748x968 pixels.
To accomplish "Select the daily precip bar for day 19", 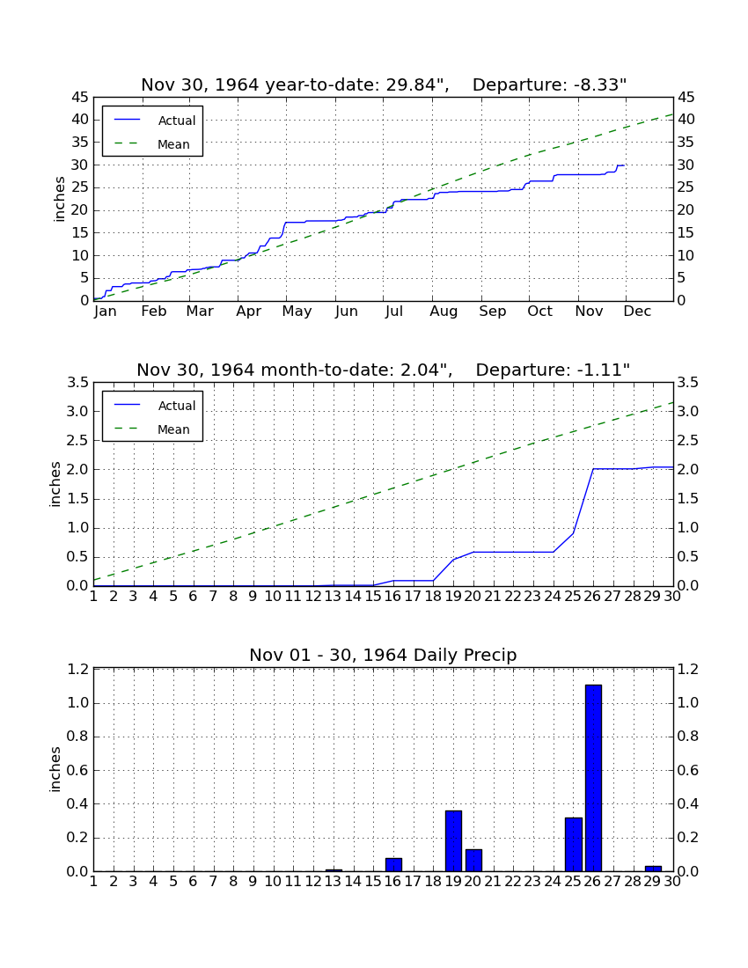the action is tap(453, 840).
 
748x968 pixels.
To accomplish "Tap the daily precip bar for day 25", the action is tap(574, 845).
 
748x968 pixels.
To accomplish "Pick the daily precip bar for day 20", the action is tap(473, 861).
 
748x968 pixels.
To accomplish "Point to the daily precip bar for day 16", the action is tap(393, 865).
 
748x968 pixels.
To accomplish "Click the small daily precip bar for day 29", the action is tap(653, 869).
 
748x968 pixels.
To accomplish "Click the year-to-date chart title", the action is tap(384, 84).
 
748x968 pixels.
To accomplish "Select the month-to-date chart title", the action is tap(384, 370).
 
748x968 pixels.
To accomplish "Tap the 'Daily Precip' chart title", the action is tap(384, 655).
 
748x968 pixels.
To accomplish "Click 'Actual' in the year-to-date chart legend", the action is tap(177, 121).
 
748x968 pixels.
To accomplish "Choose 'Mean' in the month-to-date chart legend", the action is tap(173, 429).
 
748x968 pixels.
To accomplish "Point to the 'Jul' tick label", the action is tap(394, 312).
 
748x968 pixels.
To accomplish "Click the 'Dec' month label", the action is tap(637, 312).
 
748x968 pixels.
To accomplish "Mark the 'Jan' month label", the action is tap(106, 312).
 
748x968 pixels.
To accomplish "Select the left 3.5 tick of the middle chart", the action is tap(77, 383).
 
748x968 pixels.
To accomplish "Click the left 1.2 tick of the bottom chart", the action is tap(77, 669).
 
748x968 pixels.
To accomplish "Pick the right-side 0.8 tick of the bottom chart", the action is tap(688, 737).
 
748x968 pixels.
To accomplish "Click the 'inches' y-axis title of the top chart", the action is tap(59, 199).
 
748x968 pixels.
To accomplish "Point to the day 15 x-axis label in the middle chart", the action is tap(373, 597).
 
